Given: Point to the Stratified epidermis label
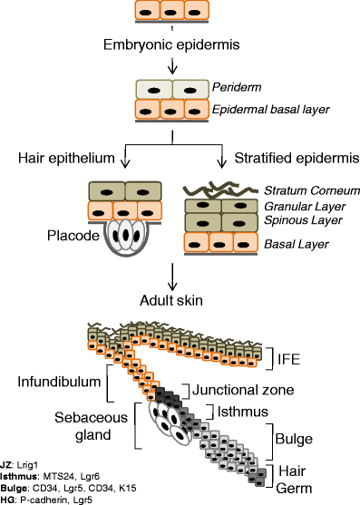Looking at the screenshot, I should (x=285, y=159).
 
